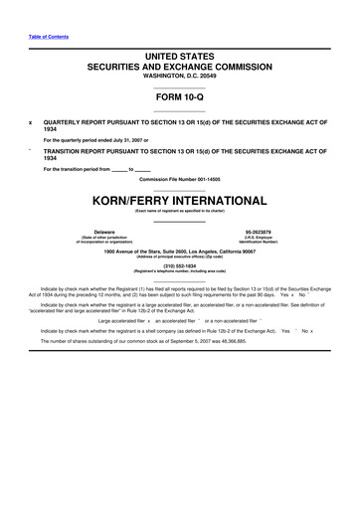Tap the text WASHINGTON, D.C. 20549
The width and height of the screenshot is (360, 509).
point(179,74)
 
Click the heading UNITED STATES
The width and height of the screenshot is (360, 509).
point(179,50)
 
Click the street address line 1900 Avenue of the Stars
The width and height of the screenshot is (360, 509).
point(179,252)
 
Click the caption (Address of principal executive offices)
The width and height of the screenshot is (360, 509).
point(179,257)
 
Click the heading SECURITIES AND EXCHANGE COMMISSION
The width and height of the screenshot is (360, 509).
point(179,63)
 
